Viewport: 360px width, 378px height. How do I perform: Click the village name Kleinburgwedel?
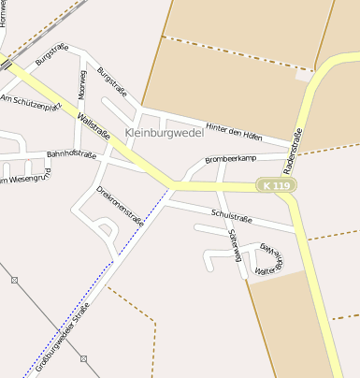point(166,134)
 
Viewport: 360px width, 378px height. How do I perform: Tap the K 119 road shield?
point(277,186)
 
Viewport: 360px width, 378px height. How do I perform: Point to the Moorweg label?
point(82,84)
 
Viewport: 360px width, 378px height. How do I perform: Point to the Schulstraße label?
point(232,216)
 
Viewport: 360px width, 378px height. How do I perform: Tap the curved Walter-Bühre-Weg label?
point(271,259)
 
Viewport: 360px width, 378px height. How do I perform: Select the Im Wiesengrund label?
point(25,176)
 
